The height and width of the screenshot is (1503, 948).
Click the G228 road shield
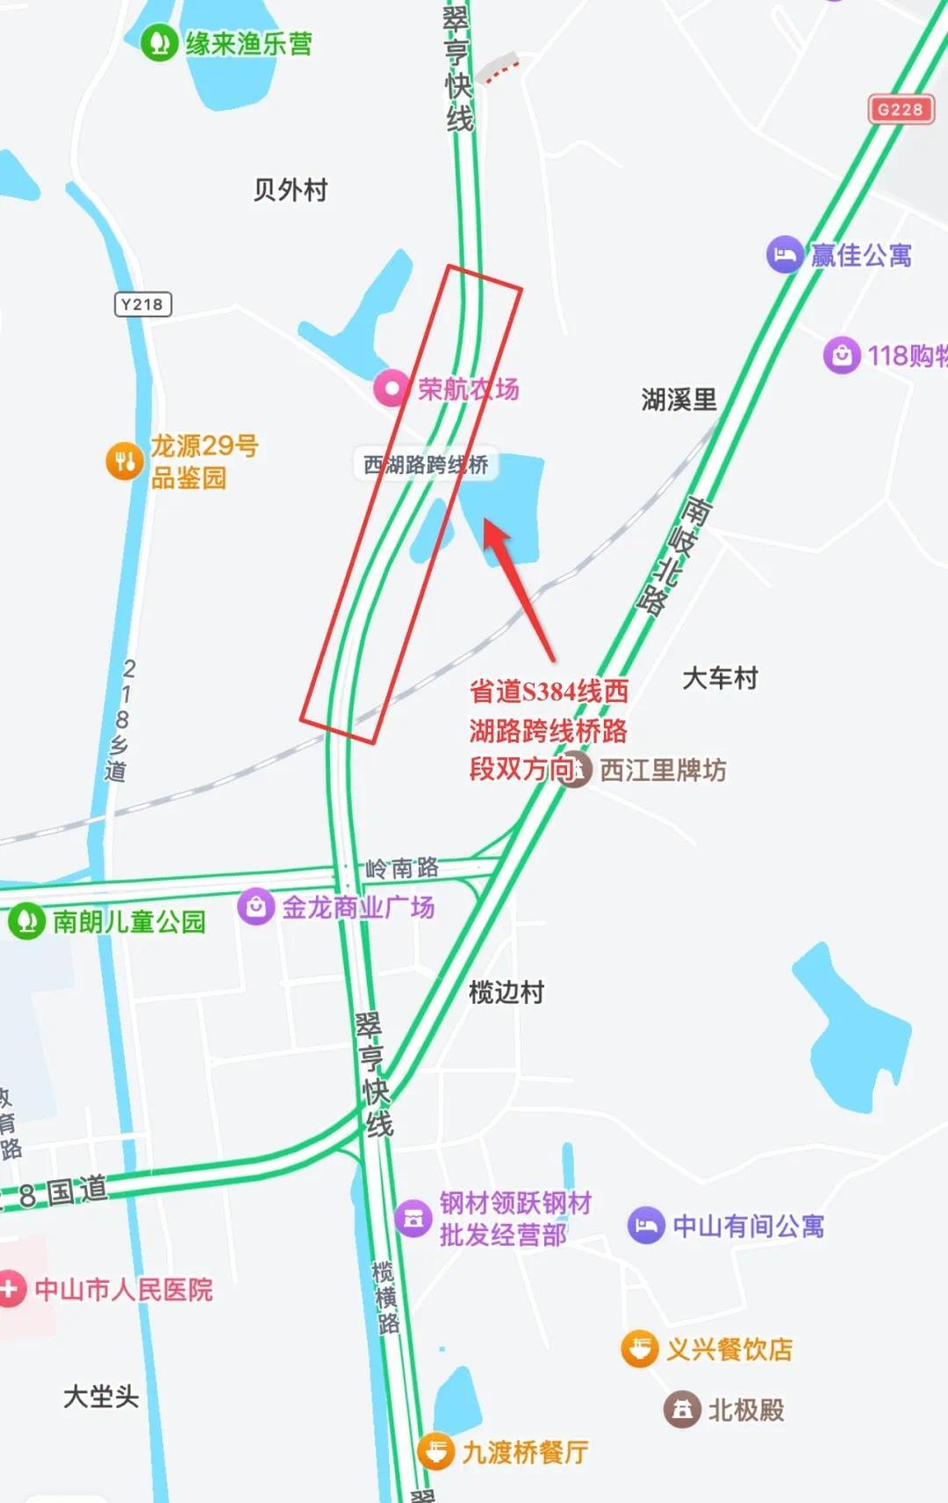click(901, 110)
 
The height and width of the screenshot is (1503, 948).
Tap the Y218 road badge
click(142, 304)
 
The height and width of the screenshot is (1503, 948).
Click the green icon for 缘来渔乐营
click(160, 41)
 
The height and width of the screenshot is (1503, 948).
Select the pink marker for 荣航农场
click(391, 388)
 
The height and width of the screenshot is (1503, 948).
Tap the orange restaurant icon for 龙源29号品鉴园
click(125, 461)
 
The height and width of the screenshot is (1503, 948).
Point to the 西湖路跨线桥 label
click(426, 464)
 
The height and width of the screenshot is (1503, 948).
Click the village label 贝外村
click(291, 190)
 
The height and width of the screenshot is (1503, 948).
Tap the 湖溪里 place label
click(679, 400)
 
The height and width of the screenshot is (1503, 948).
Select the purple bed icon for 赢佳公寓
click(784, 255)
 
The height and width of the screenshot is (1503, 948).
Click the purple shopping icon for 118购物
click(841, 355)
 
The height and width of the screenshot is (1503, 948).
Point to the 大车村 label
click(720, 678)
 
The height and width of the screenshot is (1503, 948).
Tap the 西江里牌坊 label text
click(663, 770)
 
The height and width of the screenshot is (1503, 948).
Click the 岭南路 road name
click(402, 869)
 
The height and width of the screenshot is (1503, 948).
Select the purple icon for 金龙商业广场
click(256, 906)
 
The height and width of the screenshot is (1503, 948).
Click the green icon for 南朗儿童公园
click(26, 921)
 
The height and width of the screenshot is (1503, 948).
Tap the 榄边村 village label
click(506, 992)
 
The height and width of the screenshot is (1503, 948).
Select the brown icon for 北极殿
click(682, 1410)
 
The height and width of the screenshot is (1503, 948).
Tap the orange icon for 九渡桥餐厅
click(435, 1451)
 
